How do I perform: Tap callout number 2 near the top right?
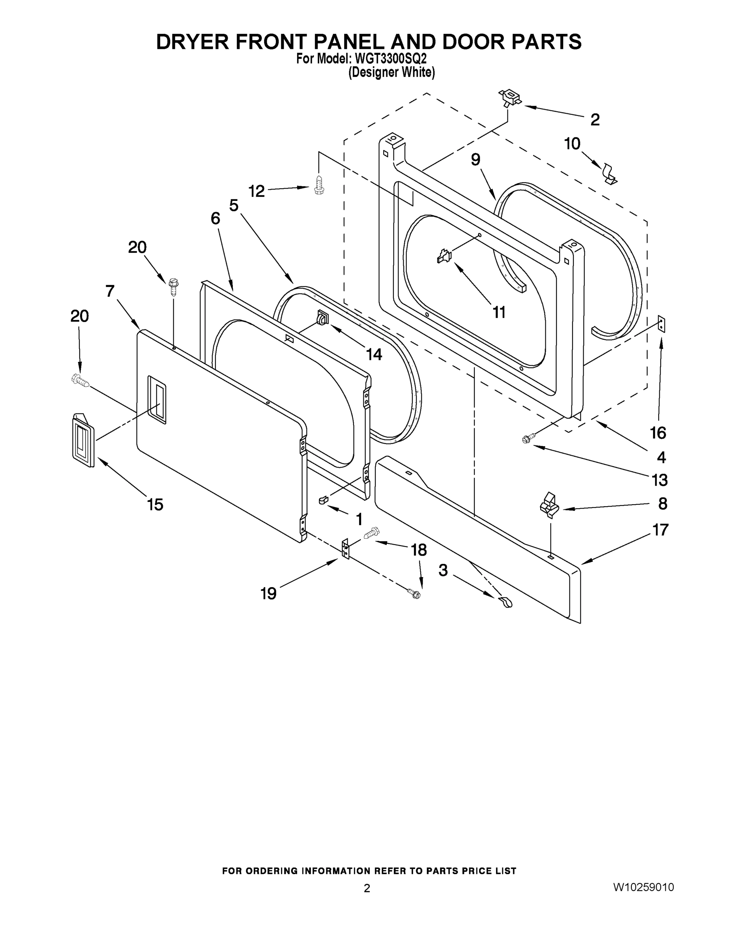(x=595, y=120)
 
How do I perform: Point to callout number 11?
(x=499, y=312)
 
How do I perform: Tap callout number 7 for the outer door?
(x=110, y=291)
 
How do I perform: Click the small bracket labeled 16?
(x=661, y=324)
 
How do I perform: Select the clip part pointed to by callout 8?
(x=549, y=505)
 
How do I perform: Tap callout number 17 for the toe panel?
(x=661, y=530)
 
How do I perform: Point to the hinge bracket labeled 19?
(x=346, y=549)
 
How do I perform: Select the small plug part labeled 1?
(x=324, y=500)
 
